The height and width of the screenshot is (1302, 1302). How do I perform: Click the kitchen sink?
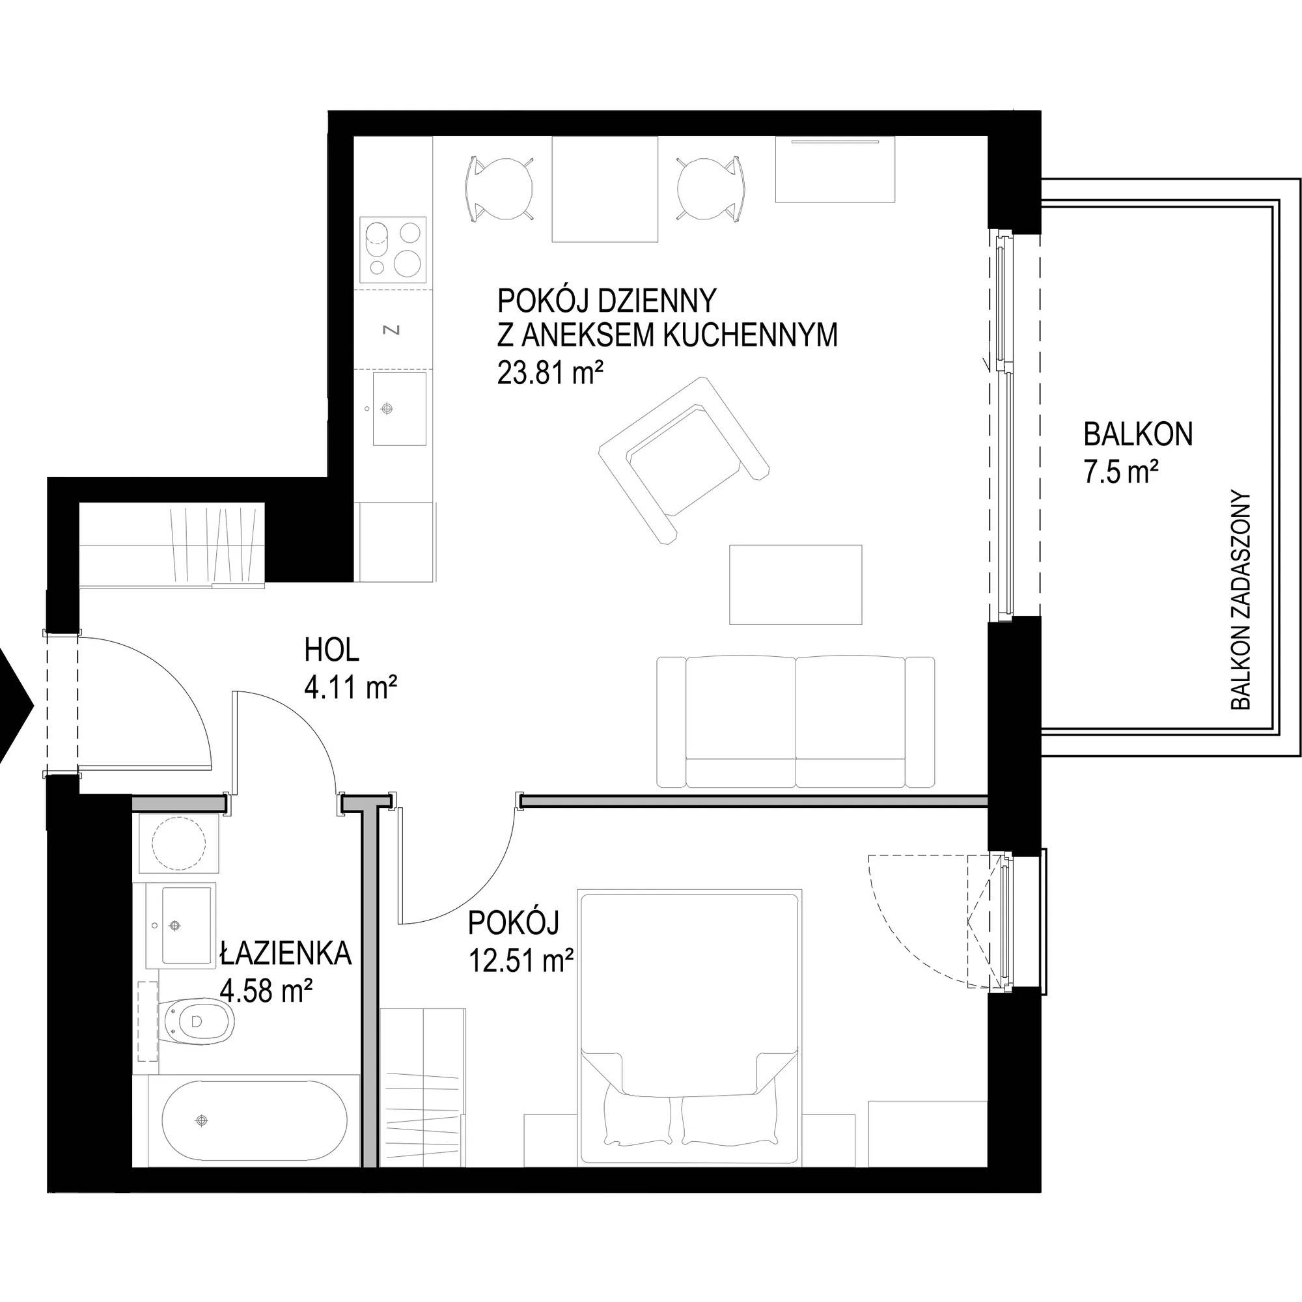[x=400, y=409]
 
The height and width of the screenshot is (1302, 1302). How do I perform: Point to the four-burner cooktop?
[x=394, y=249]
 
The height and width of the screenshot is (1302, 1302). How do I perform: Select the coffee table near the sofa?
[x=796, y=585]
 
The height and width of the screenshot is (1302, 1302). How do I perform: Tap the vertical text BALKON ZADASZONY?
[x=1241, y=600]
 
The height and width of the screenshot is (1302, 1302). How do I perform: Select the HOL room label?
[x=331, y=650]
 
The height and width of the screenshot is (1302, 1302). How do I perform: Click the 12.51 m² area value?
[x=521, y=961]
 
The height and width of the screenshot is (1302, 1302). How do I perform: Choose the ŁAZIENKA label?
[x=285, y=954]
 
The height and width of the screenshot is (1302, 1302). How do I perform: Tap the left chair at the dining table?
[x=499, y=188]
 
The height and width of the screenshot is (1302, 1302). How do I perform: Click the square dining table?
[x=605, y=189]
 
